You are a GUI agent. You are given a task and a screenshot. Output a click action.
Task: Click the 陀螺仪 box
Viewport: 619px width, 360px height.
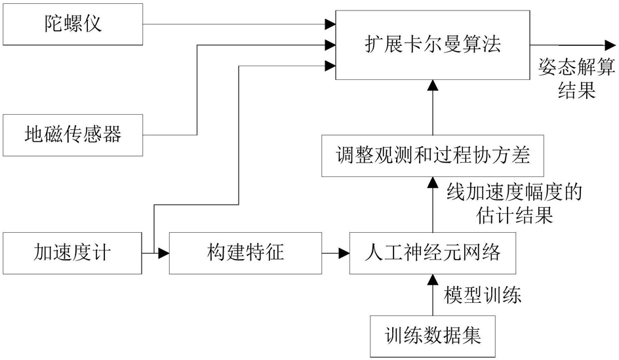pyautogui.click(x=72, y=25)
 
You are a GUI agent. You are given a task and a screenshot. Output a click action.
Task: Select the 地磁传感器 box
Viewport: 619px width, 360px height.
pyautogui.click(x=72, y=135)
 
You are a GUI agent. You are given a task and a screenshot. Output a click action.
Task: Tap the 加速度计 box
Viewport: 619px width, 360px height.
pyautogui.click(x=72, y=252)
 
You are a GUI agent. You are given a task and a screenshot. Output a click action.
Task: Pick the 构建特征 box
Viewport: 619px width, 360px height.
pyautogui.click(x=244, y=252)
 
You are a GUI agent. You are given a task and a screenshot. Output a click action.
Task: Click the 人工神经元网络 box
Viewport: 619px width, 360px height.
pyautogui.click(x=432, y=252)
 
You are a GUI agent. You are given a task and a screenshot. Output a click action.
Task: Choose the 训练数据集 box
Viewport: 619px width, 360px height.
pyautogui.click(x=432, y=336)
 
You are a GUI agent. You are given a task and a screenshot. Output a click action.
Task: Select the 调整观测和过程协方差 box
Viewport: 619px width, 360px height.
pyautogui.click(x=432, y=156)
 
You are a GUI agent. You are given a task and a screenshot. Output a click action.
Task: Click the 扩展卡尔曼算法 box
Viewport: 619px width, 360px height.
pyautogui.click(x=432, y=45)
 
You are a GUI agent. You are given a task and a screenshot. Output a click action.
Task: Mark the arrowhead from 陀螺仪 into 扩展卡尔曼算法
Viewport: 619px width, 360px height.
pyautogui.click(x=330, y=25)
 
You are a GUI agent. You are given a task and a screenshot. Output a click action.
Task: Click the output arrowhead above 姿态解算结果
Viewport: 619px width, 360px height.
pyautogui.click(x=610, y=45)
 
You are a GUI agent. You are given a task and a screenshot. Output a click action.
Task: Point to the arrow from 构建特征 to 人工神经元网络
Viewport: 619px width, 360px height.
pyautogui.click(x=334, y=252)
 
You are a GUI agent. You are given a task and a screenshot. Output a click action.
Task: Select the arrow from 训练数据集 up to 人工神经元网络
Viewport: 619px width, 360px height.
pyautogui.click(x=432, y=295)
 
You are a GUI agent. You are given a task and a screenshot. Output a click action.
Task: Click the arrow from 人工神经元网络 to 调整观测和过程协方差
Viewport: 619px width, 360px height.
pyautogui.click(x=432, y=204)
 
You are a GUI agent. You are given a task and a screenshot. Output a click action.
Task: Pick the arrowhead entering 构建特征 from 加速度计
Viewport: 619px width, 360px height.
pyautogui.click(x=165, y=252)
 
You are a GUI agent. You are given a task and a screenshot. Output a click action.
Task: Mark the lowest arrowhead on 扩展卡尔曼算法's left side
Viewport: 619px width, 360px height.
pyautogui.click(x=330, y=65)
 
